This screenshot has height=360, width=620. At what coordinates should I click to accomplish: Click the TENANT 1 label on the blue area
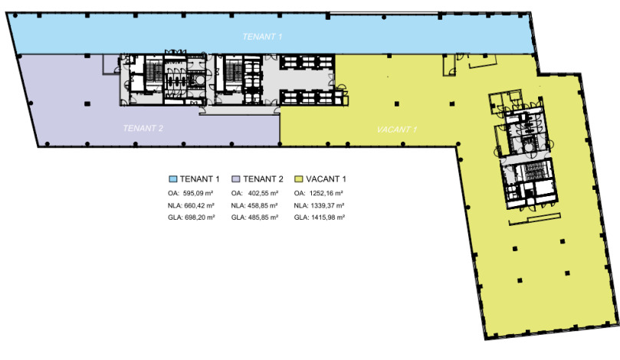[x=262, y=37]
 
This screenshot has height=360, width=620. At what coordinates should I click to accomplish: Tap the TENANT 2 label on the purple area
[x=143, y=128]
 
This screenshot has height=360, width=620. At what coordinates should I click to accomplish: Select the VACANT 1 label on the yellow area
[x=397, y=129]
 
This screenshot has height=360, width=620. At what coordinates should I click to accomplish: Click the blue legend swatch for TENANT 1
[x=172, y=179]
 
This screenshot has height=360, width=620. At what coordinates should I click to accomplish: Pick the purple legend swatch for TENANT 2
[x=236, y=179]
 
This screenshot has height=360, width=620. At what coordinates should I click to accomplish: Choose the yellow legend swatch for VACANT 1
[x=299, y=179]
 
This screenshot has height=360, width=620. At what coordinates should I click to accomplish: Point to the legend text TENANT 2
[x=263, y=179]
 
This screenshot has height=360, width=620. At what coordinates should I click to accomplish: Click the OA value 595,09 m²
[x=198, y=193]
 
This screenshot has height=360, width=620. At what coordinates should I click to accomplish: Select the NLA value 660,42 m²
[x=199, y=205]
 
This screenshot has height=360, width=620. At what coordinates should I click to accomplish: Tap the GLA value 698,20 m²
[x=200, y=218]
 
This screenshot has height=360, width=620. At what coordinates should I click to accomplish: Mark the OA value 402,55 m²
[x=263, y=193]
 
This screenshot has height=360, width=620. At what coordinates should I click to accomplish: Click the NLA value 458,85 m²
[x=263, y=205]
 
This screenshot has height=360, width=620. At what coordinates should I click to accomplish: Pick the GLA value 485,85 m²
[x=263, y=218]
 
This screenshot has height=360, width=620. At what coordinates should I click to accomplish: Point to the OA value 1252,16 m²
[x=326, y=193]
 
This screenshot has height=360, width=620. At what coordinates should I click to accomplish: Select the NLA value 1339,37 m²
[x=327, y=205]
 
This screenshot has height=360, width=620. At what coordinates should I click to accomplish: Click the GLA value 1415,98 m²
[x=328, y=218]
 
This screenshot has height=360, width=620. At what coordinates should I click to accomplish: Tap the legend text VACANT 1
[x=326, y=179]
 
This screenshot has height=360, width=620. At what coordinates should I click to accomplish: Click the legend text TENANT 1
[x=200, y=179]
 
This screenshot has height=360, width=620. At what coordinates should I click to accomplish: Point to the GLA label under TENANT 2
[x=238, y=218]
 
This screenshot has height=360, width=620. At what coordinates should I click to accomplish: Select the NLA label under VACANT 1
[x=301, y=205]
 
